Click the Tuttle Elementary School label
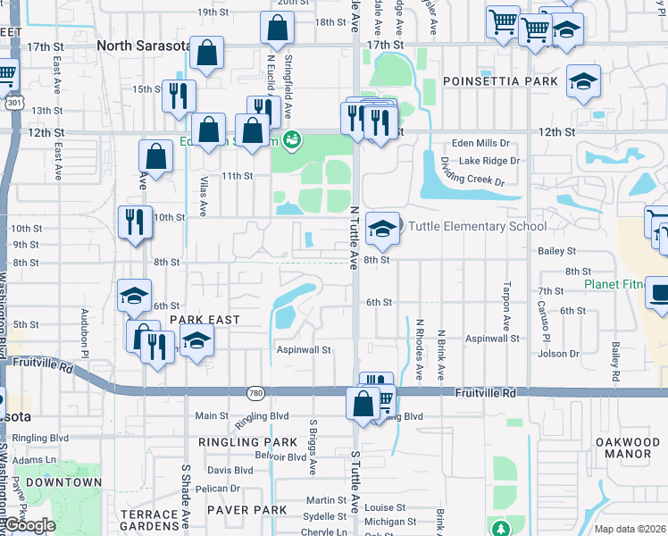(x=478, y=226)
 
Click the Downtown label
(x=63, y=482)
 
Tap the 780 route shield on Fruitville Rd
(x=255, y=392)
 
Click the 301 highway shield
(x=12, y=104)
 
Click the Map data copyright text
(x=630, y=529)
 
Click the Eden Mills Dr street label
(x=480, y=143)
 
